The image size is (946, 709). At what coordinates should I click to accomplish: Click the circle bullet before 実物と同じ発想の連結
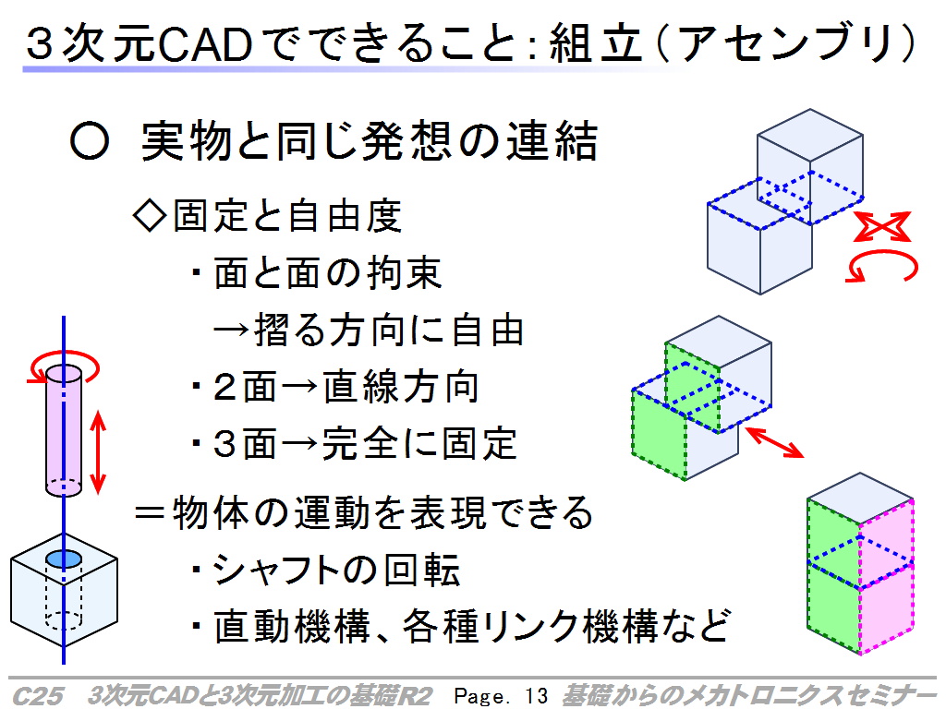(90, 141)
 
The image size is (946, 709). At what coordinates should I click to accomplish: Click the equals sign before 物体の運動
(150, 513)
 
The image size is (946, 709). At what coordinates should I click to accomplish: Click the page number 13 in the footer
(536, 695)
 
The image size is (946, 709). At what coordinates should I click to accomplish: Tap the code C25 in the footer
(37, 695)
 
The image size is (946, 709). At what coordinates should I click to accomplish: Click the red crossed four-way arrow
(882, 227)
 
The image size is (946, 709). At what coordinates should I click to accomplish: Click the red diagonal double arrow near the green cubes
(774, 442)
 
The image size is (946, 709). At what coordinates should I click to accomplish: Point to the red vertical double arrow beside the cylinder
(98, 452)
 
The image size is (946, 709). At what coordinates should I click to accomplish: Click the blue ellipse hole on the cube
(64, 559)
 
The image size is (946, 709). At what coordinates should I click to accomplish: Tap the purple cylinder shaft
(64, 430)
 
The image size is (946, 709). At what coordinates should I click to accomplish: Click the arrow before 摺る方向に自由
(231, 330)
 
